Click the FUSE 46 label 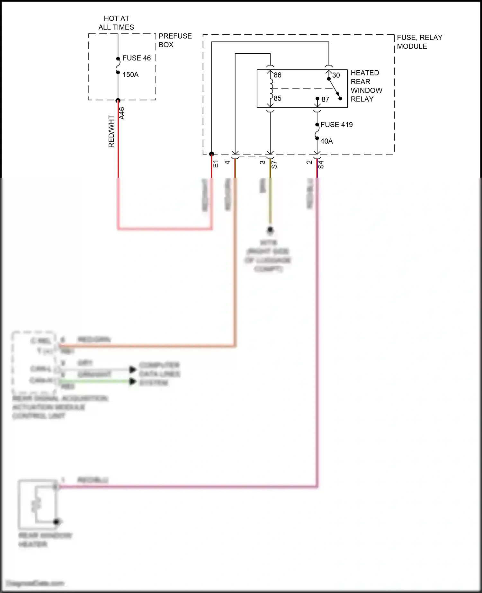(x=136, y=58)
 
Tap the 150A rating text (x=130, y=75)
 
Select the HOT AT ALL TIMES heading (x=116, y=23)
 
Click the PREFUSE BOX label (x=175, y=40)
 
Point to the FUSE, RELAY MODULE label (x=419, y=42)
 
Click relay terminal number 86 (x=278, y=75)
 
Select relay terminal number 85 (x=278, y=98)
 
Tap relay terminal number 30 (x=336, y=75)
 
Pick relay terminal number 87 (x=326, y=100)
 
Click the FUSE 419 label (x=336, y=125)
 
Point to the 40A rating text (x=326, y=141)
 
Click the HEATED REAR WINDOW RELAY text (x=366, y=86)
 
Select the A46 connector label (x=122, y=113)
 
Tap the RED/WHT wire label (x=111, y=131)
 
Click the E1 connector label (x=216, y=164)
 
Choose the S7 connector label (x=274, y=165)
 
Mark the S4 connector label (x=321, y=165)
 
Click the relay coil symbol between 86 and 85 (x=271, y=87)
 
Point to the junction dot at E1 (x=211, y=154)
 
